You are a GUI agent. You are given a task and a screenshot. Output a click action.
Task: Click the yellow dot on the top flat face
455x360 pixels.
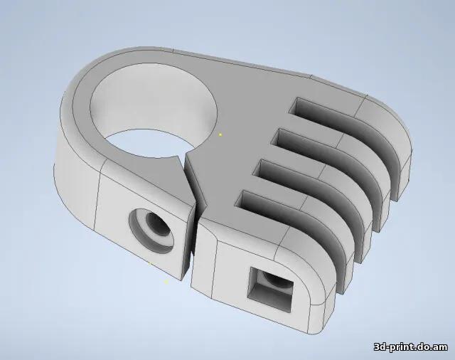click(x=220, y=134)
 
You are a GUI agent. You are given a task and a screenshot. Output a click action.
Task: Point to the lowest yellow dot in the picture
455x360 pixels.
click(x=166, y=282)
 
